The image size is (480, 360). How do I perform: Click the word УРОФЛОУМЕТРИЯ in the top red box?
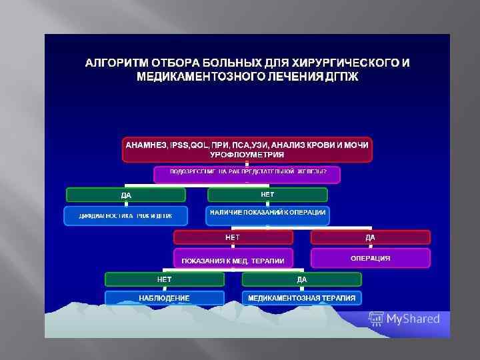[x=247, y=154]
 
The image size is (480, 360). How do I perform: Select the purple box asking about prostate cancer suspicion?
[x=247, y=174]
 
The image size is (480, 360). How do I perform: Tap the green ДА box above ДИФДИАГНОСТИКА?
[x=125, y=195]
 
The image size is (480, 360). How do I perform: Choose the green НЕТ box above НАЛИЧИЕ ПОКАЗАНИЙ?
[x=267, y=194]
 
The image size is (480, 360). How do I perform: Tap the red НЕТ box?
[x=233, y=237]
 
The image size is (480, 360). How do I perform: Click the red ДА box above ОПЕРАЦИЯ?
[x=370, y=237]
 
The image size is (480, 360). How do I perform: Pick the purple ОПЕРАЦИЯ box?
[x=370, y=258]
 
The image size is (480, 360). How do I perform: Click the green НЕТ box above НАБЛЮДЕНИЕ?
[x=164, y=279]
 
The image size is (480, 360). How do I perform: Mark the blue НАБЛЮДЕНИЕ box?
[x=164, y=297]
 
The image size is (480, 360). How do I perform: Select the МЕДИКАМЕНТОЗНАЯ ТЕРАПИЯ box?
[x=301, y=297]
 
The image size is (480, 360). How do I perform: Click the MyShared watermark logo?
[x=405, y=318]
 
